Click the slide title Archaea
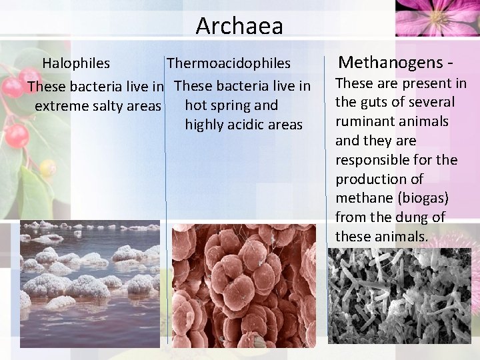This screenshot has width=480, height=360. [x=239, y=26]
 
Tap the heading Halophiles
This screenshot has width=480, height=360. [x=76, y=63]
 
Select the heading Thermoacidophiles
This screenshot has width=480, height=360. [x=229, y=63]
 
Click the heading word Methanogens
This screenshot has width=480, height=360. [x=391, y=63]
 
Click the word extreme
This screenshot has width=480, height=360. [x=58, y=106]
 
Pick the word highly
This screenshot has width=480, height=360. [x=207, y=125]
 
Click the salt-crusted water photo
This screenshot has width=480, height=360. [x=90, y=283]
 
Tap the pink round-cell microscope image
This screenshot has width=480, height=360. [x=243, y=285]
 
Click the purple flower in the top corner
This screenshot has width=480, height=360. [x=437, y=17]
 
